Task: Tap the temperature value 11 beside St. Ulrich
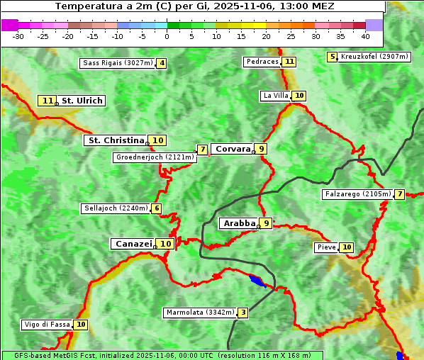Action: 48,101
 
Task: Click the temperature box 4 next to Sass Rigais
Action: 162,63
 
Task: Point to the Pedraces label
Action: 262,62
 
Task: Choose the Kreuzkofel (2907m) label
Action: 374,57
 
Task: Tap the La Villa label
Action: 275,96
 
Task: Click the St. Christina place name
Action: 116,140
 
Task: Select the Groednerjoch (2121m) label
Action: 154,157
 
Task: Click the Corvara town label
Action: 233,149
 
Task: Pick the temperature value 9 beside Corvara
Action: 262,149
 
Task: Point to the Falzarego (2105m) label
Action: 357,194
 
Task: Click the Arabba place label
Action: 239,223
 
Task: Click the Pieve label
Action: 326,247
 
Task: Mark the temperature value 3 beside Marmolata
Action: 243,313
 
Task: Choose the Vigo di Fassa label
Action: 48,325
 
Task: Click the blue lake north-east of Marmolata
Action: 257,281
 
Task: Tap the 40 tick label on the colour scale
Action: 365,35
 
